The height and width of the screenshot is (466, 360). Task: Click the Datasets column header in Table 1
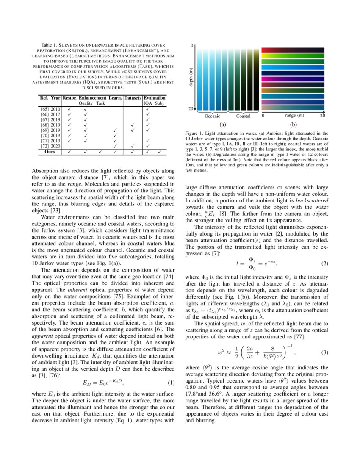[132, 98]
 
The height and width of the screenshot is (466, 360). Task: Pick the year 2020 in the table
[56, 146]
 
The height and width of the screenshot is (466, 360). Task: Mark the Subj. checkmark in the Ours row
[160, 151]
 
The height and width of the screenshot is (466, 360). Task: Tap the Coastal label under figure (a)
[243, 116]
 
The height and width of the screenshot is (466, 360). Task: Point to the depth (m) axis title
[191, 78]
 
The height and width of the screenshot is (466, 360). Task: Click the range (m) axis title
[294, 115]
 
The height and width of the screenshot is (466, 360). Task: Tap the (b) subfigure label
[294, 125]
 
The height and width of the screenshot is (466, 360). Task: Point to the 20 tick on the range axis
[322, 115]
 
